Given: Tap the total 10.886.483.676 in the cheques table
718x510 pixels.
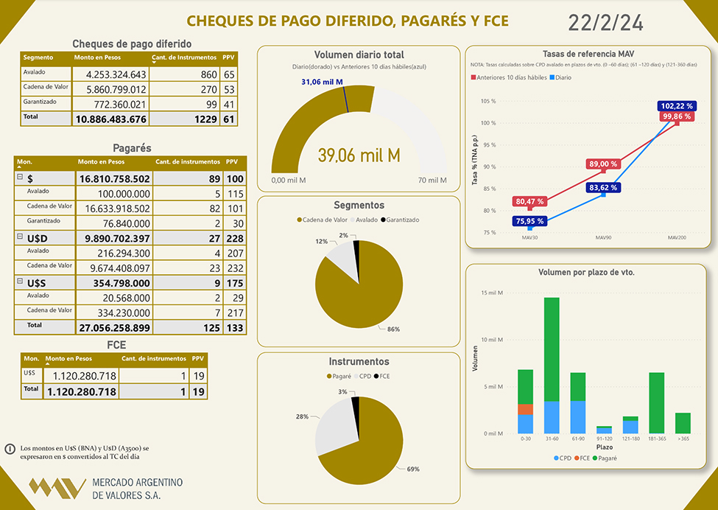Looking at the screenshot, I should [x=111, y=119].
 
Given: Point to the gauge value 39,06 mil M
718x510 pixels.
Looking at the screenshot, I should [x=359, y=155].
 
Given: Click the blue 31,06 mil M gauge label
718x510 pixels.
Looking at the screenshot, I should [x=322, y=81].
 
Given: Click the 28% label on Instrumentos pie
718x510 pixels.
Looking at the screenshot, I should [x=302, y=416].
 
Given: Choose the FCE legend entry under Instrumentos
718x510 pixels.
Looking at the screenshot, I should [x=382, y=376].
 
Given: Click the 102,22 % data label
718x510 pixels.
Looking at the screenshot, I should [x=676, y=106].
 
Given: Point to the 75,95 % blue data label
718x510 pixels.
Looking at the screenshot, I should [x=529, y=220].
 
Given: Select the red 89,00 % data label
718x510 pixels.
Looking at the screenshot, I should [x=602, y=164].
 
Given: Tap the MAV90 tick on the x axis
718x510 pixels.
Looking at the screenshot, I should [x=602, y=237].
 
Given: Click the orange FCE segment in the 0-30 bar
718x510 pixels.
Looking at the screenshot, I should [x=525, y=409].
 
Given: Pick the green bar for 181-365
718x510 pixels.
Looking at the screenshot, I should [x=657, y=402].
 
